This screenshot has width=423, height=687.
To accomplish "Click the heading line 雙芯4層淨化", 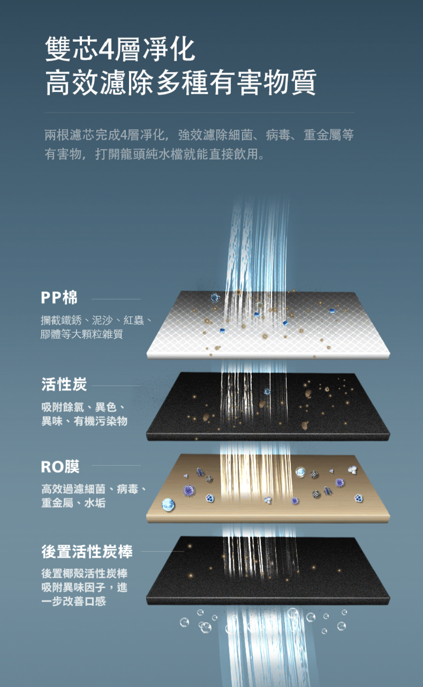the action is click(x=120, y=49).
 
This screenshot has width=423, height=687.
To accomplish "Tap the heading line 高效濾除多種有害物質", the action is click(x=181, y=82).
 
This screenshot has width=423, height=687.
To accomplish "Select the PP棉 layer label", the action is click(x=59, y=297).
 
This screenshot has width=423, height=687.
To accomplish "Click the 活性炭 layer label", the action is click(x=64, y=384).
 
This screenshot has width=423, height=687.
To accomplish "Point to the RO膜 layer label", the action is click(x=60, y=467).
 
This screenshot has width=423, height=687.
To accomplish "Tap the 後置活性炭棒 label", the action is click(x=87, y=551).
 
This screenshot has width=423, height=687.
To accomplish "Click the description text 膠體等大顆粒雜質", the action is click(x=81, y=334).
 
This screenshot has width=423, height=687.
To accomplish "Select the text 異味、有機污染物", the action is click(x=84, y=421).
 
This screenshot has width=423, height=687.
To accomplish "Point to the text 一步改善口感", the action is click(x=73, y=601).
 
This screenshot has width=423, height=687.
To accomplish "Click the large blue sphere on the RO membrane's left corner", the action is click(x=168, y=504).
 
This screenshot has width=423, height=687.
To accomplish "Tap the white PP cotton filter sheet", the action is click(x=268, y=325).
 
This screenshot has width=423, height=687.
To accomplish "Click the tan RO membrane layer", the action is click(x=268, y=488).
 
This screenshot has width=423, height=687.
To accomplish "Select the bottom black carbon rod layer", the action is click(x=268, y=570).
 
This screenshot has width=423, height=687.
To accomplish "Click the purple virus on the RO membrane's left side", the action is click(x=189, y=491).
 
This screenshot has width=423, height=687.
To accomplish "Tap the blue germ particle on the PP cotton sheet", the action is click(x=215, y=297).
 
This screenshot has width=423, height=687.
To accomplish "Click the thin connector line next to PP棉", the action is click(x=116, y=299).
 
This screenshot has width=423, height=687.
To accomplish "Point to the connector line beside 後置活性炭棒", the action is click(x=162, y=551).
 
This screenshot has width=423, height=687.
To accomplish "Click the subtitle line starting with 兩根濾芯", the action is click(x=199, y=135).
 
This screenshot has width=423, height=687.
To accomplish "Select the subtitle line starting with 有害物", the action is click(x=154, y=154).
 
